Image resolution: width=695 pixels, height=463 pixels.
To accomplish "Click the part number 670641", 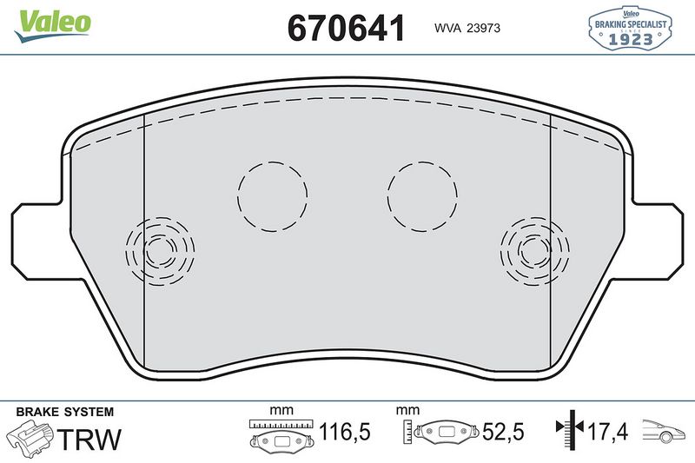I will click(x=347, y=28).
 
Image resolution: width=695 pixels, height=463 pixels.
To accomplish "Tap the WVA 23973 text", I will click(x=467, y=29).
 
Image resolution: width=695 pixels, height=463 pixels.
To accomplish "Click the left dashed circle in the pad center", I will click(x=273, y=196).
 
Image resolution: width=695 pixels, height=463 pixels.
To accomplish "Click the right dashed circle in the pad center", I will click(x=422, y=196).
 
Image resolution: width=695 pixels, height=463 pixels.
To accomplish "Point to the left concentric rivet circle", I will click(x=160, y=251).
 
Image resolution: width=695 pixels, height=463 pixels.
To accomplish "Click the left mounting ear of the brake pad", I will click(x=35, y=235).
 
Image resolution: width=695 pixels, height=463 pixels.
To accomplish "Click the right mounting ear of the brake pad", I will click(x=660, y=235).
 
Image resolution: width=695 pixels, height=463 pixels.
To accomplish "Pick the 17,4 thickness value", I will click(x=608, y=431).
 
